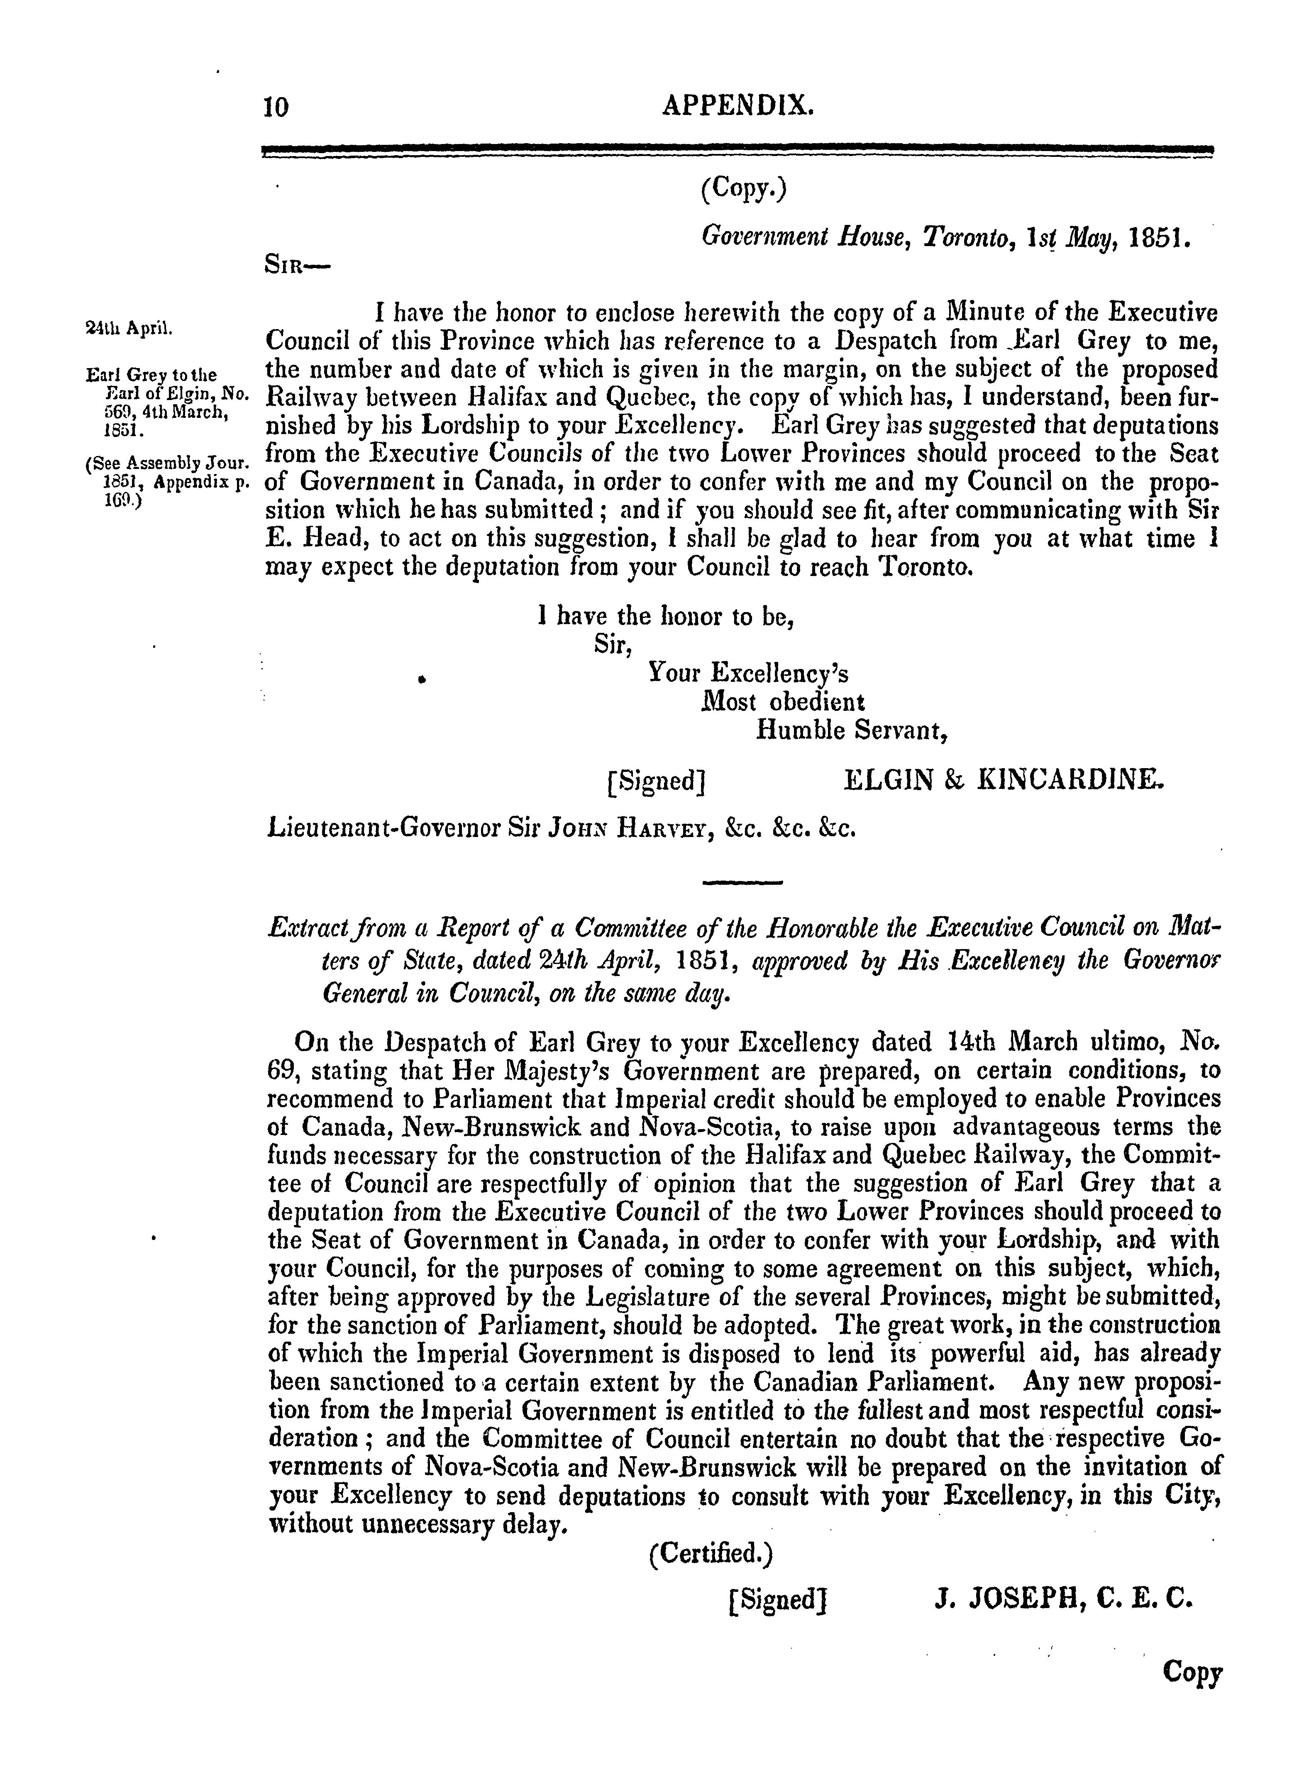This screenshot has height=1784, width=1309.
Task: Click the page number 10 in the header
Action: pyautogui.click(x=276, y=105)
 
